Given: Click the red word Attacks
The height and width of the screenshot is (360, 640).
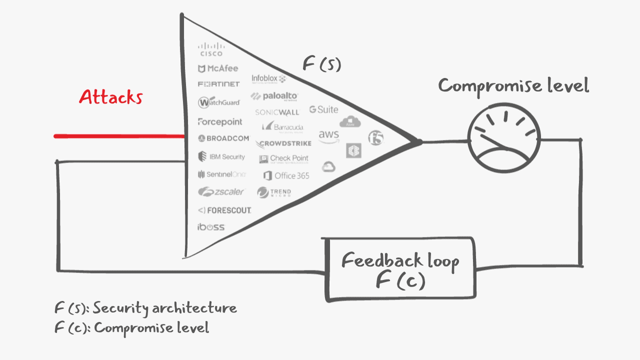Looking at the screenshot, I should tap(110, 96).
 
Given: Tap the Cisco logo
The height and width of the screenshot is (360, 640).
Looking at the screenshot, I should tap(211, 49).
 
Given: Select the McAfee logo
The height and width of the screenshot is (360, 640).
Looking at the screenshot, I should tap(218, 68).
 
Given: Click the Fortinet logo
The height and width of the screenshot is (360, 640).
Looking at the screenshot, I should tap(218, 84).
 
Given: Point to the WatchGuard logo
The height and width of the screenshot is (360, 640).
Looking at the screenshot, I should tap(219, 102).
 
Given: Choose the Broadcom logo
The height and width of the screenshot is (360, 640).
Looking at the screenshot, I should tap(223, 138).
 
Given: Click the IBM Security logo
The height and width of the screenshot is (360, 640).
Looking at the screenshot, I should tap(221, 157).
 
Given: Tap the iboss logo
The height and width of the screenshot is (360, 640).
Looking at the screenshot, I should tap(210, 227).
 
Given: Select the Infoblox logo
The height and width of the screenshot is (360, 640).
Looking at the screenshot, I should tap(268, 78).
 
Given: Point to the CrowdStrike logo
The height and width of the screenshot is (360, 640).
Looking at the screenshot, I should tap(283, 144).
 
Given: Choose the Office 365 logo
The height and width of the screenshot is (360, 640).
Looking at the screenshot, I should tap(286, 175).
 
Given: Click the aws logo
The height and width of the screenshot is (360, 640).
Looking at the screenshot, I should tap(328, 136).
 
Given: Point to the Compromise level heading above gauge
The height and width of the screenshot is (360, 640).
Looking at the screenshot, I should tap(513, 86).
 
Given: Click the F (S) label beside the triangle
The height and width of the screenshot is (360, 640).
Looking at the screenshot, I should tap(321, 64).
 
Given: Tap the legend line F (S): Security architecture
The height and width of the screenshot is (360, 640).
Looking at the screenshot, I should tap(145, 308).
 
